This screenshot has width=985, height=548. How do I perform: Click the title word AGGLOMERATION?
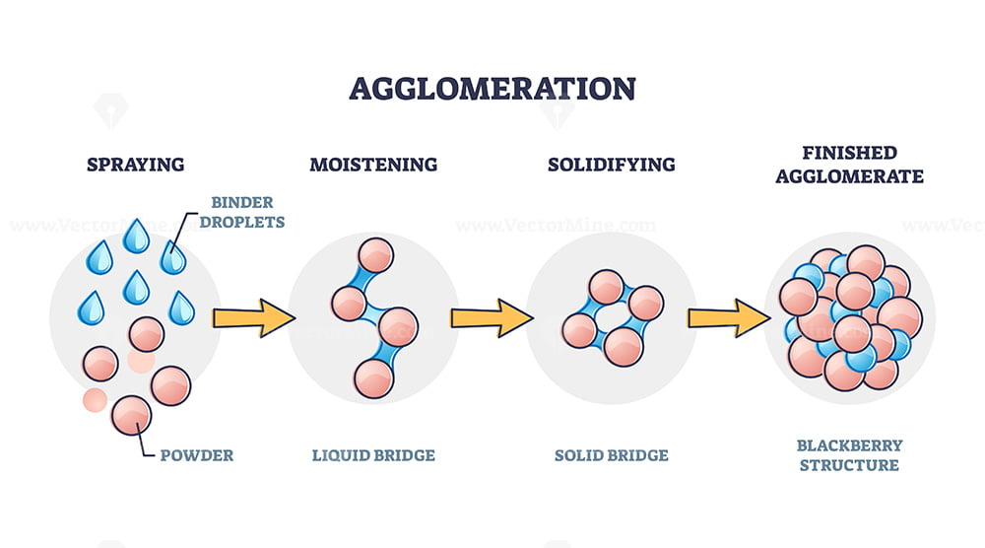(492, 89)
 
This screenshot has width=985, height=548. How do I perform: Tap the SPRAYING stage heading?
(136, 165)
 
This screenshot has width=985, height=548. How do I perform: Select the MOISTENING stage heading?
(373, 165)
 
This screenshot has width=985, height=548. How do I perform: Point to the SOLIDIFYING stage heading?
(612, 165)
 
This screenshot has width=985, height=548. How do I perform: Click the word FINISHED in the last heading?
(849, 153)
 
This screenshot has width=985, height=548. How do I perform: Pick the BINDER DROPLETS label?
(242, 212)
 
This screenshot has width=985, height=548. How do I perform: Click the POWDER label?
(197, 455)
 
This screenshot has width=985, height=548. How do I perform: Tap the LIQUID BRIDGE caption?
(373, 455)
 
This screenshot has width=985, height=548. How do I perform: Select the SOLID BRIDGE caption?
(612, 455)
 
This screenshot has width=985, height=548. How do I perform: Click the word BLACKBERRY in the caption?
(849, 445)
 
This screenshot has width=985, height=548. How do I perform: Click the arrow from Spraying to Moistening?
(254, 318)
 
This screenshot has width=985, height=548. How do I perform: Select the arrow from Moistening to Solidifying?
(492, 318)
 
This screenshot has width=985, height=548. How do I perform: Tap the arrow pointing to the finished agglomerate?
(729, 318)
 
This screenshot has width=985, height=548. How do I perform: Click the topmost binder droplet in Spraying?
(136, 237)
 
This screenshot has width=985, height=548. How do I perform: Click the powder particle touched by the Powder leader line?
(131, 415)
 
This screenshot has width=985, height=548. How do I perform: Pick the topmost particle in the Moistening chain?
(375, 256)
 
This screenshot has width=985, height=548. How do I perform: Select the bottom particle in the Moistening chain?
(373, 378)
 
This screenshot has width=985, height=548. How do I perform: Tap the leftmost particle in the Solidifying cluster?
(579, 330)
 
